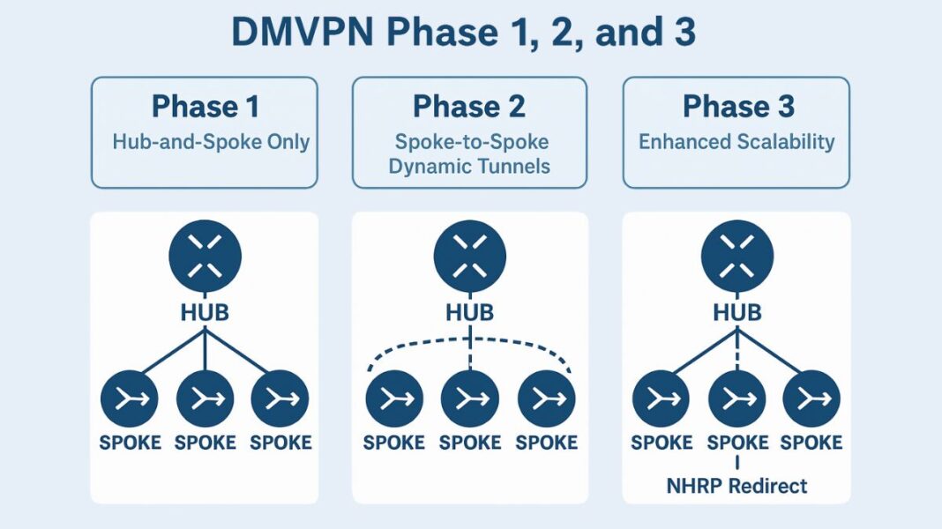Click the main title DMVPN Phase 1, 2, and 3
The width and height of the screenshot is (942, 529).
[463, 33]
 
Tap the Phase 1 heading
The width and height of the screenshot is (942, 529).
[205, 107]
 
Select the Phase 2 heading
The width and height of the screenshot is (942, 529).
[469, 107]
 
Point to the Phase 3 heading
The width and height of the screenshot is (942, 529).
[737, 107]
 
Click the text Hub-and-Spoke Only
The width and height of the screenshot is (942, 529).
[211, 141]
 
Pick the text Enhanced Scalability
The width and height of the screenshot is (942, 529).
[736, 141]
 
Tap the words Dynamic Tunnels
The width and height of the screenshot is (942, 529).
[470, 165]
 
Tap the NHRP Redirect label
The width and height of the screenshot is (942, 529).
[737, 485]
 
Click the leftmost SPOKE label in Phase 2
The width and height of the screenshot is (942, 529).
[394, 442]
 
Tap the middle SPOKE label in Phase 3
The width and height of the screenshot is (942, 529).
[737, 442]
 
